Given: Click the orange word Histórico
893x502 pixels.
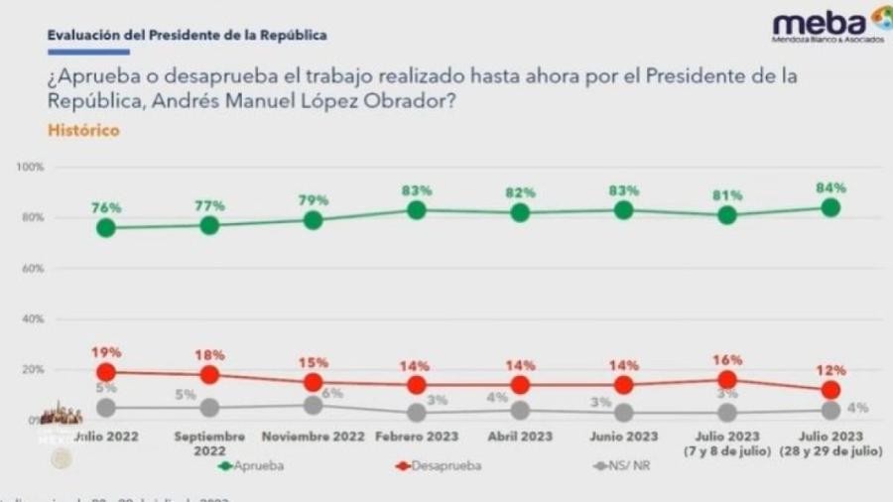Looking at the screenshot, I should (x=83, y=130).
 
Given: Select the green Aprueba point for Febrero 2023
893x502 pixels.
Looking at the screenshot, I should (x=417, y=210).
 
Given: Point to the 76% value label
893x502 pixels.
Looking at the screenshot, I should (x=106, y=207).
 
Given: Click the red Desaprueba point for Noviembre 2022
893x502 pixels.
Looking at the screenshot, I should (x=313, y=382).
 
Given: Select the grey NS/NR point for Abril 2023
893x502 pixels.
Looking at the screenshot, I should (x=520, y=411).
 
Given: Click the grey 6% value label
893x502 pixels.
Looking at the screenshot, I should (x=331, y=393).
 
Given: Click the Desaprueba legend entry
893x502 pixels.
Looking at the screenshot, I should (x=442, y=463).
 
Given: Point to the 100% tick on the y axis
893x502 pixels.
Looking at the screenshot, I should (x=30, y=167).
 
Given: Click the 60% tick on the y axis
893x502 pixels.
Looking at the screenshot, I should (x=32, y=268).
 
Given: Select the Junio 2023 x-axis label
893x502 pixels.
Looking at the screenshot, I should (x=624, y=437).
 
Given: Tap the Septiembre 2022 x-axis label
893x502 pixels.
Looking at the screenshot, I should (x=209, y=442).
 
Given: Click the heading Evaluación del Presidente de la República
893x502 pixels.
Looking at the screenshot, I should (x=188, y=35).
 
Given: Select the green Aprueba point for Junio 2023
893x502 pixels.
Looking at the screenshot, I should (x=624, y=209).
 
